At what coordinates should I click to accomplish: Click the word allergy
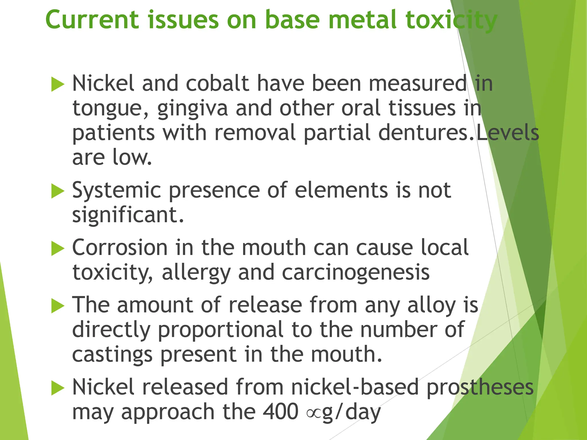[x=196, y=273]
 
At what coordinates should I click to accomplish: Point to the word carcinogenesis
[x=356, y=273]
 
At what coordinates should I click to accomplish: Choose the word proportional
[x=221, y=330]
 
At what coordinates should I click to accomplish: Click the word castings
[x=112, y=355]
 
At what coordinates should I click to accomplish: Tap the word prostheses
[x=480, y=387]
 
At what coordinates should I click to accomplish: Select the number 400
[x=281, y=412]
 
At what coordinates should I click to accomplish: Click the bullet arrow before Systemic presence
[x=58, y=191]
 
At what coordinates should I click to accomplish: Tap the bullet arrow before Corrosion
[x=58, y=248]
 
